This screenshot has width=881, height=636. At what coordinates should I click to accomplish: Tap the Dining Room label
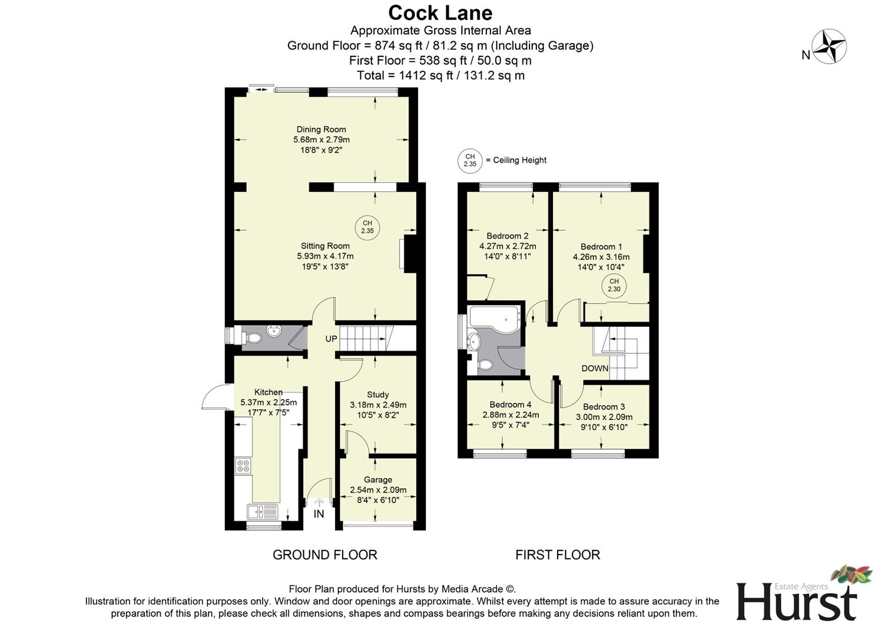[321, 130]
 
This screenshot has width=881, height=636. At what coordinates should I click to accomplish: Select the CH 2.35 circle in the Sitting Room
[367, 227]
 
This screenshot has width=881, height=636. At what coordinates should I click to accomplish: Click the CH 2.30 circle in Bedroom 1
[614, 286]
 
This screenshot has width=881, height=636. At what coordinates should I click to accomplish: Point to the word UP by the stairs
[331, 339]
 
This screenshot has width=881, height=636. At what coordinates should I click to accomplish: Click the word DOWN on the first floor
[595, 369]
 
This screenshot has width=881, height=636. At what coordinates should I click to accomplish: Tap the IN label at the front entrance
[319, 514]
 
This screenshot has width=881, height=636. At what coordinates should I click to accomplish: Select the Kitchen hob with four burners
[243, 466]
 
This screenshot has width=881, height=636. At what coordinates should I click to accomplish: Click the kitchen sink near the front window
[263, 511]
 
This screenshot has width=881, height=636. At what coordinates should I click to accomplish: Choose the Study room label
[377, 395]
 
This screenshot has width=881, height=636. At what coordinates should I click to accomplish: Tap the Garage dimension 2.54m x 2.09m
[378, 490]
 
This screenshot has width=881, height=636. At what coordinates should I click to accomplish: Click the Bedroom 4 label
[510, 405]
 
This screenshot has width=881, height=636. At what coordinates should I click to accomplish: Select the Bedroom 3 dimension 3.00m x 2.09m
[604, 417]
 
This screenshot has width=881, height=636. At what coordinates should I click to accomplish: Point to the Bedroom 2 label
[507, 236]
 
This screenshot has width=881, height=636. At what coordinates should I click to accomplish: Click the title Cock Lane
[440, 12]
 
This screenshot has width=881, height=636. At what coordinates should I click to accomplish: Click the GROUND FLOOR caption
[324, 555]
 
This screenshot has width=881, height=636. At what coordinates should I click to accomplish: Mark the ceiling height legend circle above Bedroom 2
[470, 160]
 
